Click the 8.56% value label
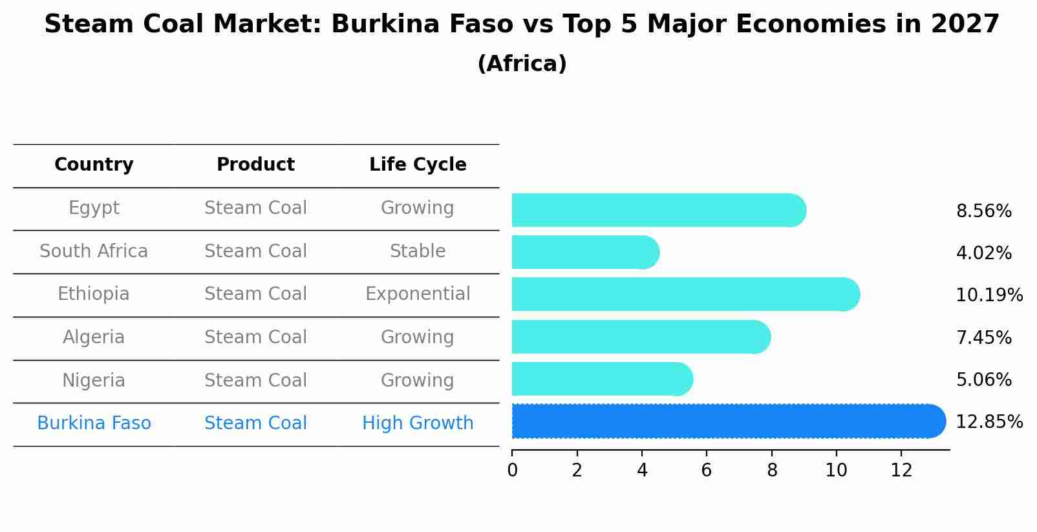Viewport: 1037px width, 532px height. (x=983, y=211)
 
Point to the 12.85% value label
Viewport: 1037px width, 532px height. (x=989, y=422)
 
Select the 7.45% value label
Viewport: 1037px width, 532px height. (x=983, y=337)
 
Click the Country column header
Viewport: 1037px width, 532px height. (x=94, y=165)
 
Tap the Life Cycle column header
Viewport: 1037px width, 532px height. (x=418, y=165)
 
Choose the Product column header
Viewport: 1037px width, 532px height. (x=255, y=165)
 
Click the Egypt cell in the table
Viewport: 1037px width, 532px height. (x=94, y=208)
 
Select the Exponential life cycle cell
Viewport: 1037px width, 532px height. (x=418, y=294)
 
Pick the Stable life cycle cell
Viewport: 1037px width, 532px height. (x=418, y=251)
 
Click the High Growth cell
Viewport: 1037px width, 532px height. (x=418, y=423)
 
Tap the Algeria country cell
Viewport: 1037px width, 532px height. (x=94, y=337)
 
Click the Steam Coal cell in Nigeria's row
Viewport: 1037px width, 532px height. (x=255, y=381)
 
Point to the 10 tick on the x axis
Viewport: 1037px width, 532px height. (x=836, y=470)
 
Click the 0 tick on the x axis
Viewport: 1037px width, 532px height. (x=512, y=470)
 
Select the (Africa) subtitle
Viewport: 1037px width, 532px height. (x=522, y=64)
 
